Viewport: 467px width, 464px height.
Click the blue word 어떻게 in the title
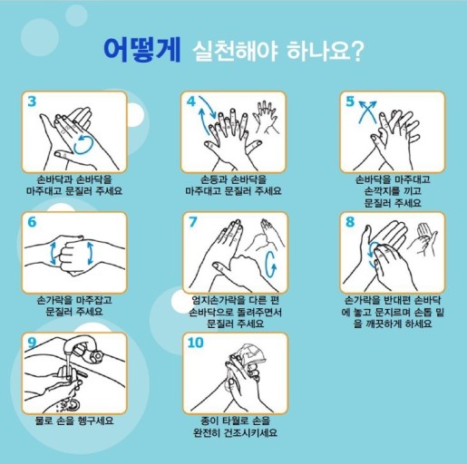pos(142,50)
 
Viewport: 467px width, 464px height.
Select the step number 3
pos(32,101)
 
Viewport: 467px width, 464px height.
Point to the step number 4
pos(191,101)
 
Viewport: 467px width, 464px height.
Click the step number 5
pos(350,101)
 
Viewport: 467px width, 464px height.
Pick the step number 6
pos(32,222)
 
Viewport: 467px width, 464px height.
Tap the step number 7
pos(192,222)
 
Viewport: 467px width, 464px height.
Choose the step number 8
pos(350,222)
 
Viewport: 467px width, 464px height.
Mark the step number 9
pos(32,343)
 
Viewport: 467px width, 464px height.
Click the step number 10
pos(196,343)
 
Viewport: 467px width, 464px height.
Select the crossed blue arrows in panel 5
pos(367,111)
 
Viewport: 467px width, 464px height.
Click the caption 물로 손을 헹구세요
pos(74,420)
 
